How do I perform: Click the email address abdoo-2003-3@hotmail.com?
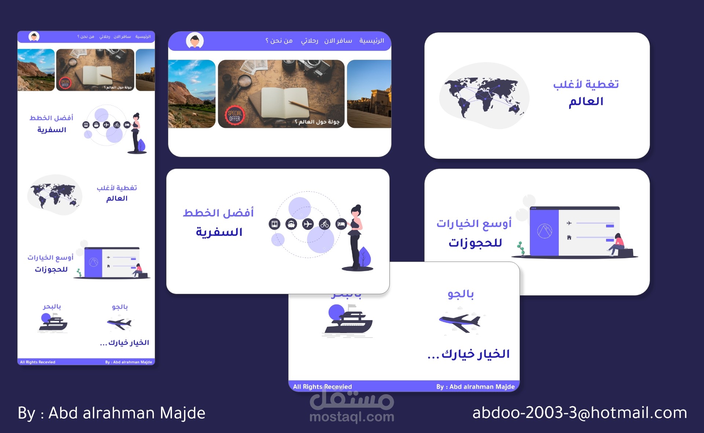(x=579, y=413)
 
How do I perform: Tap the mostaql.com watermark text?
(x=352, y=417)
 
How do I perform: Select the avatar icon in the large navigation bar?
(x=195, y=41)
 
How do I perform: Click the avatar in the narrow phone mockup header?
(x=34, y=37)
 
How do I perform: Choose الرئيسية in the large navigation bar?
(x=371, y=41)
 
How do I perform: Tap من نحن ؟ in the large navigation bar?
(x=279, y=41)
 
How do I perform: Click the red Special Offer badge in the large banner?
(x=235, y=116)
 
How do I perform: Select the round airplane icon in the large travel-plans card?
(x=308, y=224)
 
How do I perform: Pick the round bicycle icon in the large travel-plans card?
(x=324, y=224)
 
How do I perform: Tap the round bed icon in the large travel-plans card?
(x=341, y=224)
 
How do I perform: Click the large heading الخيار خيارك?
(x=469, y=354)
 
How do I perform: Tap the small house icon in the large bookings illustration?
(x=569, y=237)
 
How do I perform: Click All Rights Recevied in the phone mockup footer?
(x=38, y=362)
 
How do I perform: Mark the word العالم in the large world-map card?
(x=586, y=101)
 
